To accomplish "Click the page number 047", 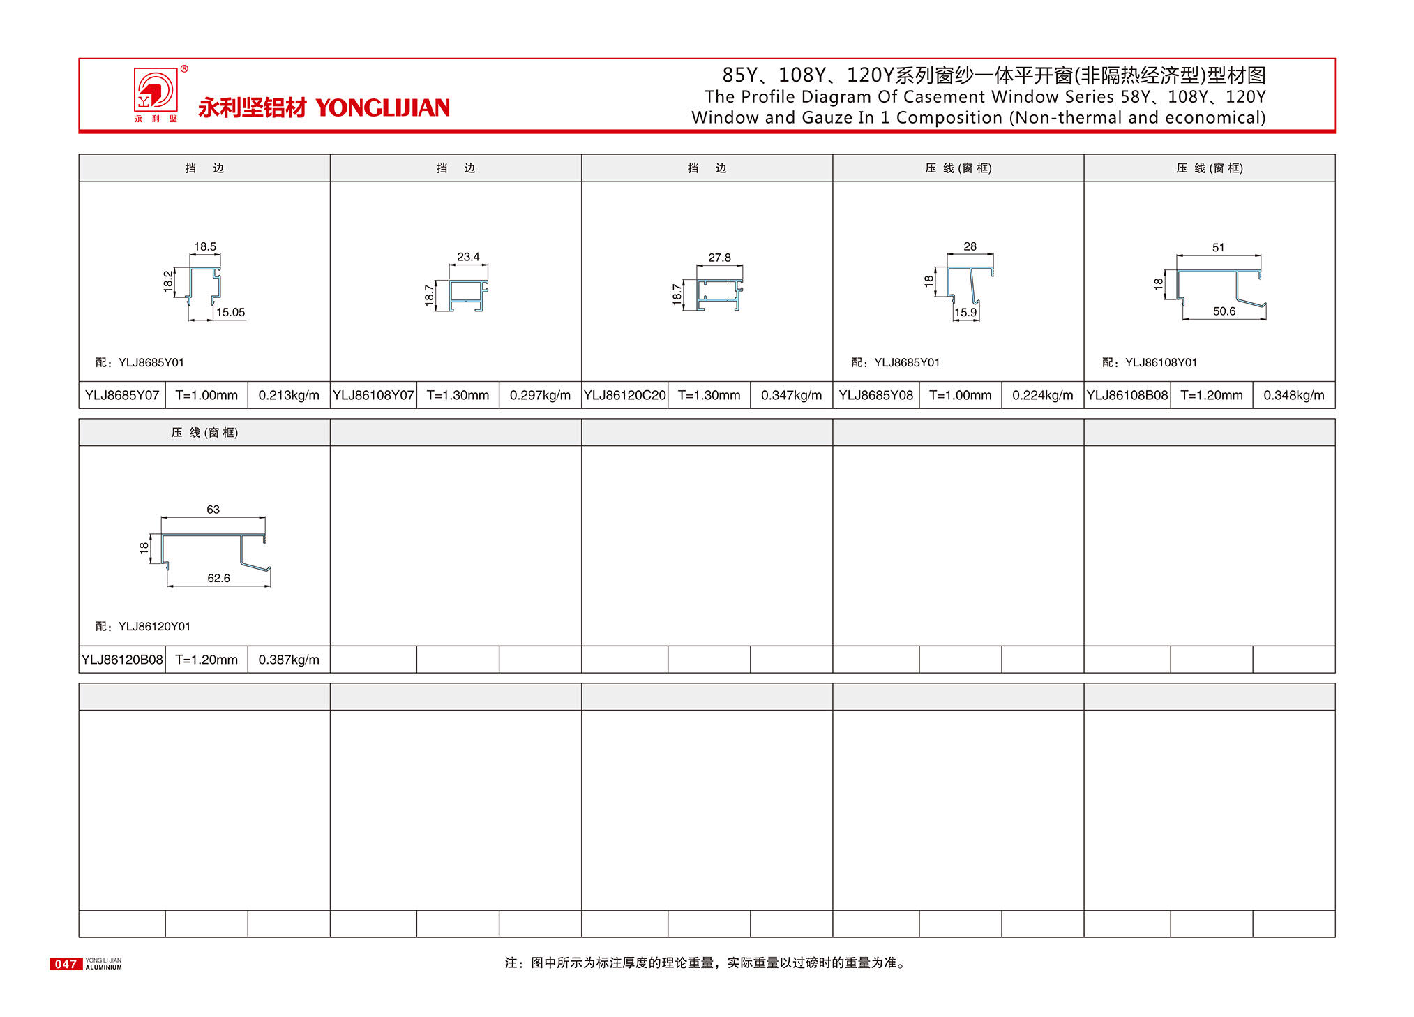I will click(66, 964).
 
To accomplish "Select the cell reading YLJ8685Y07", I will click(122, 395).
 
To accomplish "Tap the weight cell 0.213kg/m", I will click(289, 395).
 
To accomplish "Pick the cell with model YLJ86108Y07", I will click(373, 395).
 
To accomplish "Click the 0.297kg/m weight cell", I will click(540, 395).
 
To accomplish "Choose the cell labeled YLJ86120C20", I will click(624, 395).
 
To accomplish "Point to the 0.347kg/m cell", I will click(791, 395).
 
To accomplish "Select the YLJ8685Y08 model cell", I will click(875, 395).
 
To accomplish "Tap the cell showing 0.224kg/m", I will click(1042, 395).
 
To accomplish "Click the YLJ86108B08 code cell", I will click(1127, 395).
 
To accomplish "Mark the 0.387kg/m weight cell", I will click(289, 660).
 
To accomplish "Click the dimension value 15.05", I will click(230, 312).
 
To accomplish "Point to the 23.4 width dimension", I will click(468, 257).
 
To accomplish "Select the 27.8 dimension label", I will click(719, 258).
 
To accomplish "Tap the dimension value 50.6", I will click(1224, 311).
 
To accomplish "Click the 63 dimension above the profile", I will click(213, 510).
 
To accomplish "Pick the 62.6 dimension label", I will click(218, 578).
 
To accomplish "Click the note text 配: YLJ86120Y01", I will click(143, 626).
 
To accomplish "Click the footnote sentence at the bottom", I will click(706, 963).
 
